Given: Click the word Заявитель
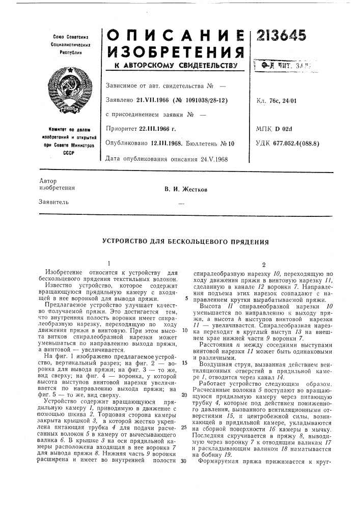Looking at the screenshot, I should [52, 202].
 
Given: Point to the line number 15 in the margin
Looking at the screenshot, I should [184, 349].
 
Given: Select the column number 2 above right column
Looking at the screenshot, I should [264, 265].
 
